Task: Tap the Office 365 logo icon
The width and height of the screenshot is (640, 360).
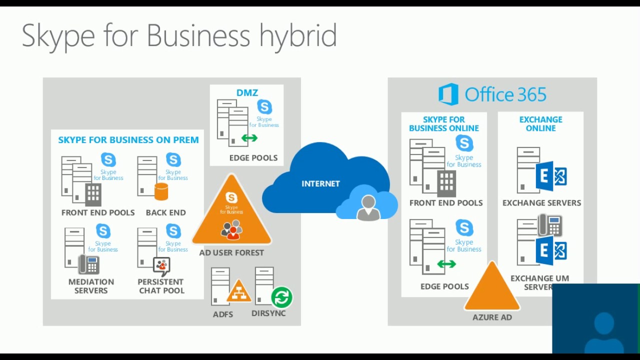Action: point(448,94)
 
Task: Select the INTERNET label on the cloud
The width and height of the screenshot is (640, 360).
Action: point(320,183)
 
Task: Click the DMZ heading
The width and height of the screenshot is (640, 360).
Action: point(247,93)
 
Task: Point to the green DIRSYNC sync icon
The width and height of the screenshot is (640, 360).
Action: point(281,297)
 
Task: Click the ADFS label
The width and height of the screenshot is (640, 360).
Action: point(223,314)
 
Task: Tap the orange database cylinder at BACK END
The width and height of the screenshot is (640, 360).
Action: point(161,191)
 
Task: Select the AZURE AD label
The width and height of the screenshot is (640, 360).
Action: point(492,317)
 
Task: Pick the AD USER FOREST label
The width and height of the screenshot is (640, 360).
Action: point(231,252)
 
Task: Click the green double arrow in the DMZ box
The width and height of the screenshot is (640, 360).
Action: point(249,138)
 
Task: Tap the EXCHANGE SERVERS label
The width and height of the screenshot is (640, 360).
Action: point(541,202)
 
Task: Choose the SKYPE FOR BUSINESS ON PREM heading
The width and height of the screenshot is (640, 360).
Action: point(128,140)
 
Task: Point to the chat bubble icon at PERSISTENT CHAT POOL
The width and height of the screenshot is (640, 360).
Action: point(161,265)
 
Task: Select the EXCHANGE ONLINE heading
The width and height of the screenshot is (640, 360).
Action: point(540,123)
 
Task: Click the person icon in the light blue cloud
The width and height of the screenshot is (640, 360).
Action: point(368,206)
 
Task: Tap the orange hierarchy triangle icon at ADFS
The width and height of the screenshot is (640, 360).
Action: point(239,291)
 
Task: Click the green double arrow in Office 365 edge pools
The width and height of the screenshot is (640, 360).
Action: point(446,264)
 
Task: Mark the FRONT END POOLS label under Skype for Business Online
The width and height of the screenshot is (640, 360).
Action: point(445,202)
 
